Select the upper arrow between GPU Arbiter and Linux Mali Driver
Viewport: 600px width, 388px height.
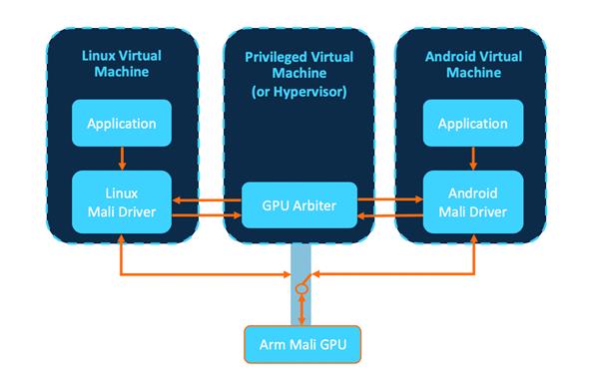(209, 198)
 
